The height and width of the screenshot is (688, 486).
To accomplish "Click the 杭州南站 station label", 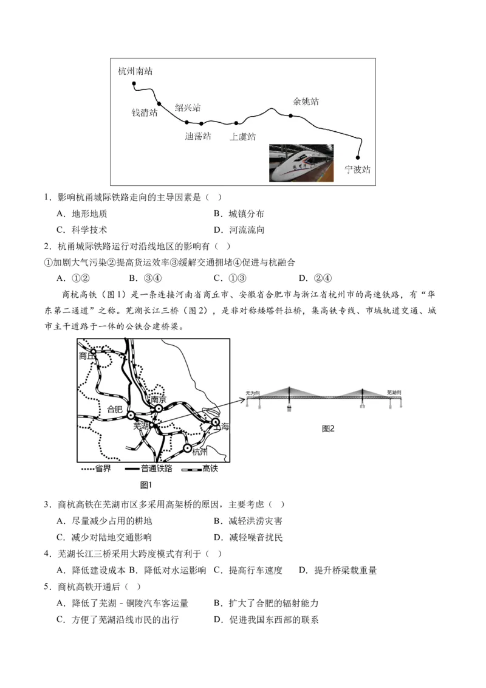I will pyautogui.click(x=135, y=71).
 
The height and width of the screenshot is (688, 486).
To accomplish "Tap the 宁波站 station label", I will pyautogui.click(x=357, y=170).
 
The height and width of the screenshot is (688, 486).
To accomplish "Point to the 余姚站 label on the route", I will pyautogui.click(x=306, y=101).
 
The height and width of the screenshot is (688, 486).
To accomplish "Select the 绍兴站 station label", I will pyautogui.click(x=188, y=108).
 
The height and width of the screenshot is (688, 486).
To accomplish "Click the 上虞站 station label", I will pyautogui.click(x=242, y=137).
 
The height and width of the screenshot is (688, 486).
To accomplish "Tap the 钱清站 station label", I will pyautogui.click(x=145, y=112).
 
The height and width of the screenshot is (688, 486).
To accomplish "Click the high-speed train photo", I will pyautogui.click(x=301, y=162).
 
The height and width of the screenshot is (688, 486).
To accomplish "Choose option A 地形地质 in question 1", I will pyautogui.click(x=84, y=214).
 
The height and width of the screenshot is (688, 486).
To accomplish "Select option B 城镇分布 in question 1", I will pyautogui.click(x=241, y=214).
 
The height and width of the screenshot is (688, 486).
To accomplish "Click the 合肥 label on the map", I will pyautogui.click(x=114, y=408).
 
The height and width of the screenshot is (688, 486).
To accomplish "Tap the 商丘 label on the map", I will pyautogui.click(x=87, y=357).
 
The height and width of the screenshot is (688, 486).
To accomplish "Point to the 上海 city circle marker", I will pyautogui.click(x=215, y=421).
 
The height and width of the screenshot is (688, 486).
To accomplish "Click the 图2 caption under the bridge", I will pyautogui.click(x=328, y=428).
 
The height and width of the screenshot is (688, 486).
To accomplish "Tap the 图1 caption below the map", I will pyautogui.click(x=146, y=484).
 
